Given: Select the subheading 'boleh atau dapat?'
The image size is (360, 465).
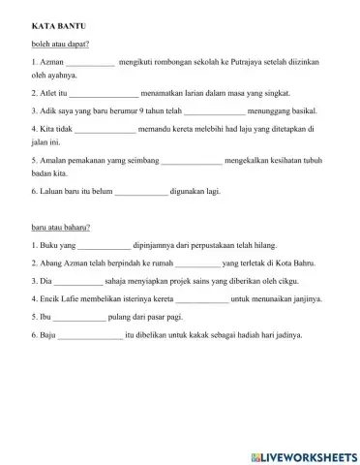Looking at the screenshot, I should pos(59,43).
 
